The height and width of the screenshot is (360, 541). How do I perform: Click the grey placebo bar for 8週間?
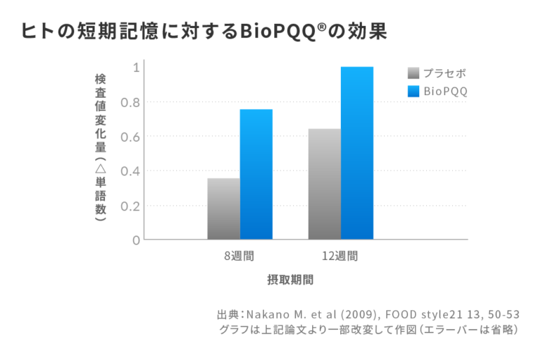[223, 209]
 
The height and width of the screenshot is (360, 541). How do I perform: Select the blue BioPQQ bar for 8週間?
[256, 174]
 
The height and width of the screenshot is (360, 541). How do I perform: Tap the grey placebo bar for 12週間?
[324, 184]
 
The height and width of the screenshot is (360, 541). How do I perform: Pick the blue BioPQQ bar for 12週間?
[356, 153]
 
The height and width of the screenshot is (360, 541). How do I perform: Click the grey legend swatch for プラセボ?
[413, 73]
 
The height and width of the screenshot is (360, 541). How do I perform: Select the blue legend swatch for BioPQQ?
[413, 91]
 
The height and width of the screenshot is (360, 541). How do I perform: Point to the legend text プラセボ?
[444, 73]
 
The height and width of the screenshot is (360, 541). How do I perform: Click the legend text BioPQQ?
[446, 91]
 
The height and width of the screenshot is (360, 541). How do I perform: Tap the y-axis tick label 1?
[135, 68]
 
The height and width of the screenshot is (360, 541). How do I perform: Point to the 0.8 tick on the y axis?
[131, 102]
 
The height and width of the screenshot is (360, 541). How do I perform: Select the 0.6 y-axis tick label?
[131, 137]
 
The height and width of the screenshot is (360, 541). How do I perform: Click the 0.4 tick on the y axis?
[131, 171]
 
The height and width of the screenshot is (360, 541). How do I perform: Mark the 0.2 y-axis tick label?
[131, 206]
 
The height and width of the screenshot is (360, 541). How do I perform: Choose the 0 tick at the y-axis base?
[135, 240]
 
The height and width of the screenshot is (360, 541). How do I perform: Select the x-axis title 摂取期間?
[290, 280]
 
